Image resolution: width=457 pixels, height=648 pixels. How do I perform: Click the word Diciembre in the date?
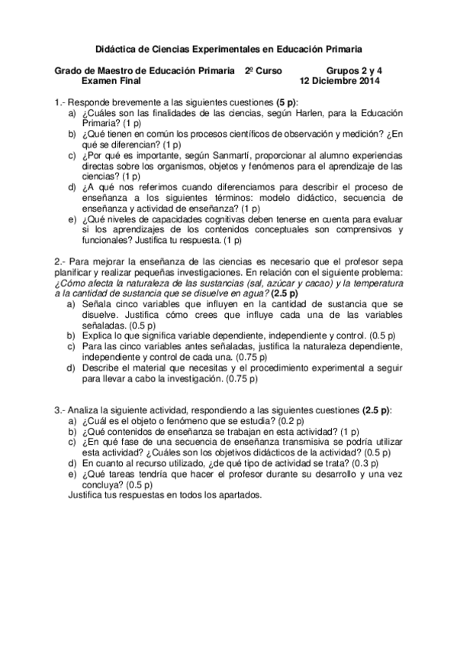[x=332, y=80]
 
